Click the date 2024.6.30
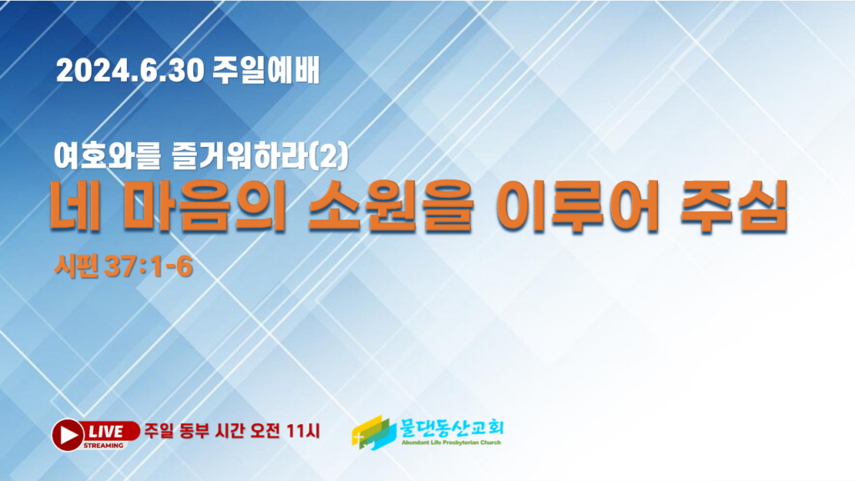click(x=130, y=70)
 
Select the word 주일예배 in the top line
click(x=266, y=70)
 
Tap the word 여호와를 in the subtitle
click(x=108, y=155)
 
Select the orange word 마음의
click(x=205, y=205)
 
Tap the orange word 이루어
click(x=578, y=205)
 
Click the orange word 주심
click(x=735, y=205)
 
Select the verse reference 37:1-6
click(x=149, y=266)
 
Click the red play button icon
click(x=68, y=434)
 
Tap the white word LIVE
click(x=106, y=432)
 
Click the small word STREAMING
click(x=103, y=445)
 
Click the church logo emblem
click(x=374, y=433)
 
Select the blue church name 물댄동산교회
click(x=452, y=428)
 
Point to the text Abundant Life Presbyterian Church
click(x=451, y=443)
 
